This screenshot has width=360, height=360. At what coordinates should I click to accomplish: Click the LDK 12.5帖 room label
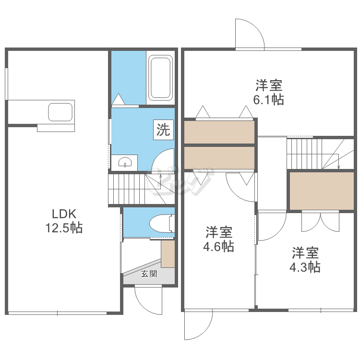coord(64,221)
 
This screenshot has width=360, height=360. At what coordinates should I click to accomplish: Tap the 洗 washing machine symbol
coord(163,130)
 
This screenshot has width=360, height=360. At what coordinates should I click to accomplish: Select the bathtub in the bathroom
coord(160,78)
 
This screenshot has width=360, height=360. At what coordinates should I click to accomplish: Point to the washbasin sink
coord(125,162)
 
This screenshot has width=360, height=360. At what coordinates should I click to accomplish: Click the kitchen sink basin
coord(60,112)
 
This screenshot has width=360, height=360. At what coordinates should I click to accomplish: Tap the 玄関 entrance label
coord(149,274)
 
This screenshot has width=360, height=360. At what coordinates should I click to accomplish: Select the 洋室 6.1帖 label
coord(269,92)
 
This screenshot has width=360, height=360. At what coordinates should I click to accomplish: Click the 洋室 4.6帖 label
coord(218,239)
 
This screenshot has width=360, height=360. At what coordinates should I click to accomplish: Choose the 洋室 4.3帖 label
coord(305,260)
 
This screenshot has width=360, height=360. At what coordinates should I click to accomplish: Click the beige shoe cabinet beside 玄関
coord(168,254)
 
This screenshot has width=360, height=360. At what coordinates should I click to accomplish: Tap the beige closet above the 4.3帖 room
coord(322,191)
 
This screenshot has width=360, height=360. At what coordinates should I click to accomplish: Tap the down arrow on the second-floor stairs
coord(339,162)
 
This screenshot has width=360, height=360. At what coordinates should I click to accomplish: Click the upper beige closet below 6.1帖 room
coord(219,132)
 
